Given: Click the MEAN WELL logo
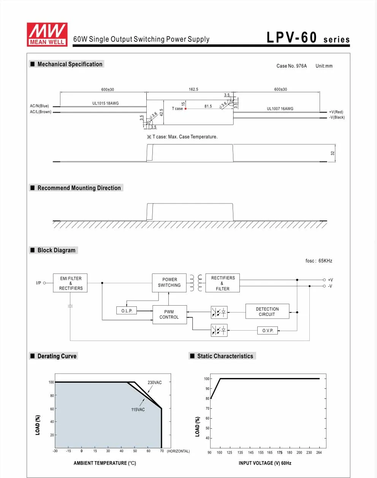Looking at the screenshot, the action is click(x=47, y=35).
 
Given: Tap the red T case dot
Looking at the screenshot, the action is click(x=185, y=109).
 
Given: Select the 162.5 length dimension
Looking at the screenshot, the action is click(x=193, y=89).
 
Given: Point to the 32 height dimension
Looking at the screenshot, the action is click(x=332, y=153).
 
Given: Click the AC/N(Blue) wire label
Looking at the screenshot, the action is click(x=40, y=106).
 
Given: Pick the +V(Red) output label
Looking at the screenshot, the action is click(x=336, y=112).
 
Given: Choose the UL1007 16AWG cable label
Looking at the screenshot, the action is click(x=280, y=109).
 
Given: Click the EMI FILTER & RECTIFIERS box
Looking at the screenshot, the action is click(x=70, y=283).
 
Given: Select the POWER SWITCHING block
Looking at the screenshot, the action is click(x=169, y=282).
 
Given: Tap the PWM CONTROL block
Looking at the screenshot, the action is click(x=169, y=314).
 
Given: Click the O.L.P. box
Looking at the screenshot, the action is click(x=127, y=311).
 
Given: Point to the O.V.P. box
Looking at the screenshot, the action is click(x=268, y=331).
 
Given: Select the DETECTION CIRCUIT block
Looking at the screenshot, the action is click(x=267, y=311).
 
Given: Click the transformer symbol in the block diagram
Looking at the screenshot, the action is click(x=196, y=283).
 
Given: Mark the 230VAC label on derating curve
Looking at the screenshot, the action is click(x=155, y=382).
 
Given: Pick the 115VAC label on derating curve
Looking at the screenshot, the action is click(x=138, y=410).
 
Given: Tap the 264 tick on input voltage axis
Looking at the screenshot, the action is click(x=319, y=453).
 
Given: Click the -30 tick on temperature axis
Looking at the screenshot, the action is click(x=55, y=451).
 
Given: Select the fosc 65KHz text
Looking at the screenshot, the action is click(x=319, y=260).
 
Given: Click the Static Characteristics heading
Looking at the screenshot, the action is click(x=225, y=356).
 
